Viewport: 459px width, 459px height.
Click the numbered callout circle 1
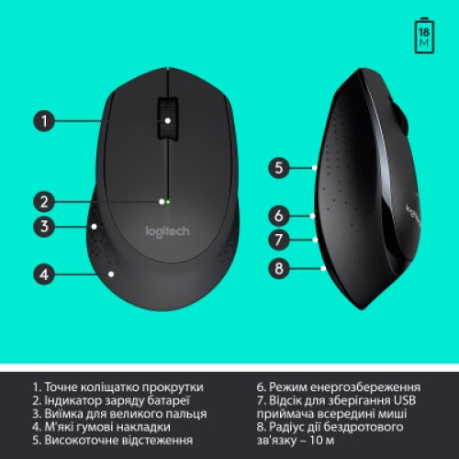point(45,119)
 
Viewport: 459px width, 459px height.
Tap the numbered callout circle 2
point(45,199)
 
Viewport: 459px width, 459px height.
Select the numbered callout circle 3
point(45,226)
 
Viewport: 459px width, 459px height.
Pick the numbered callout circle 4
point(45,273)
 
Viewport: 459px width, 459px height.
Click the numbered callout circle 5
point(280,168)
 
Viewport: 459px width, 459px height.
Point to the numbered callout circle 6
point(280,217)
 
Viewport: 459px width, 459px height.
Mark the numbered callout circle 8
point(280,268)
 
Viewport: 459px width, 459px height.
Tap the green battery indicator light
point(170,199)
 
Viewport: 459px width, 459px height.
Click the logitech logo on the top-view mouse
point(168,231)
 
